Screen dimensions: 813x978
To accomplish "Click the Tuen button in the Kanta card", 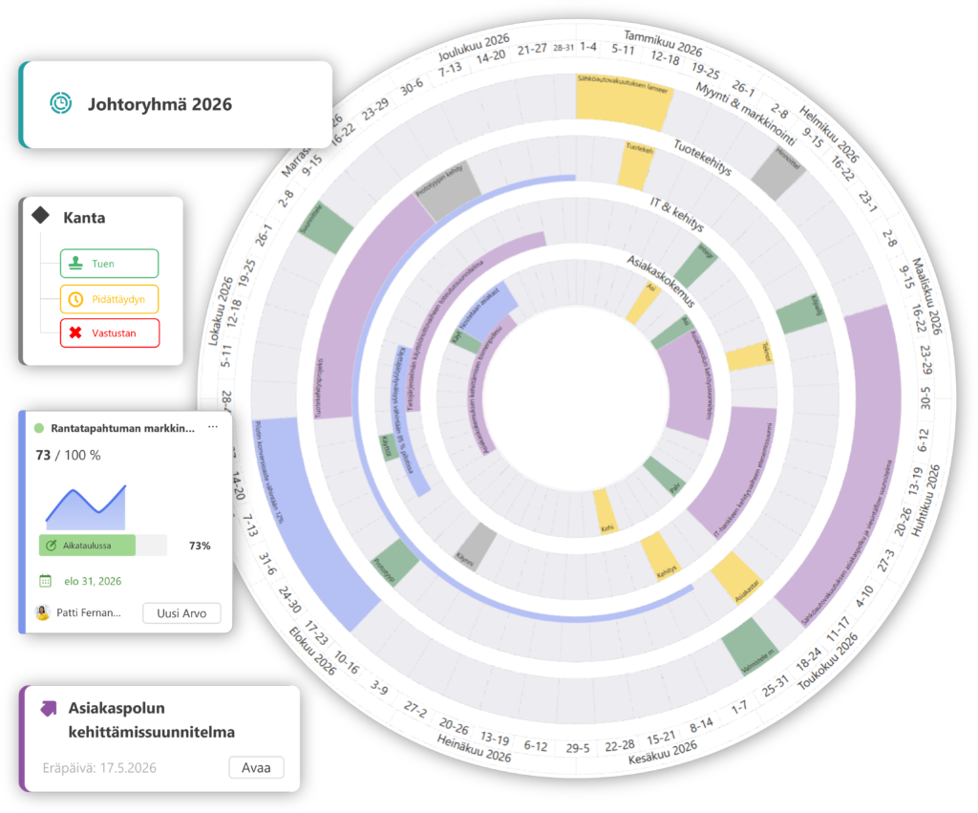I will point(109,264).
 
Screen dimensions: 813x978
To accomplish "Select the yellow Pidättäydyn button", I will point(109,299).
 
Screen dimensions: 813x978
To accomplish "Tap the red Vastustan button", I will point(109,333).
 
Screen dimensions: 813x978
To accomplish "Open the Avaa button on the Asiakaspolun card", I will point(256,767).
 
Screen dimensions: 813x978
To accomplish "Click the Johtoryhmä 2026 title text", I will point(159,104).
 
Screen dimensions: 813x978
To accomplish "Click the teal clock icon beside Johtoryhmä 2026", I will point(61,103).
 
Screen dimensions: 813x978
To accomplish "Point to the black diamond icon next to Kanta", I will point(40,216).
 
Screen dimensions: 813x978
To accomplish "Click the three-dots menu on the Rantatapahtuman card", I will point(213,427).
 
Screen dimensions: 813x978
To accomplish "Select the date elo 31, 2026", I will point(93,580).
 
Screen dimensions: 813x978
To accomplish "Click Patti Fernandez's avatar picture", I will point(42,612).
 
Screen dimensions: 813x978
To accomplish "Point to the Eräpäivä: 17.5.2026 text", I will point(99,767).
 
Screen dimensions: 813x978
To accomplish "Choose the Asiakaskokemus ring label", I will point(659,279).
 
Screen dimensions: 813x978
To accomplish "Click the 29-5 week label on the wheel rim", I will point(578,747).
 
